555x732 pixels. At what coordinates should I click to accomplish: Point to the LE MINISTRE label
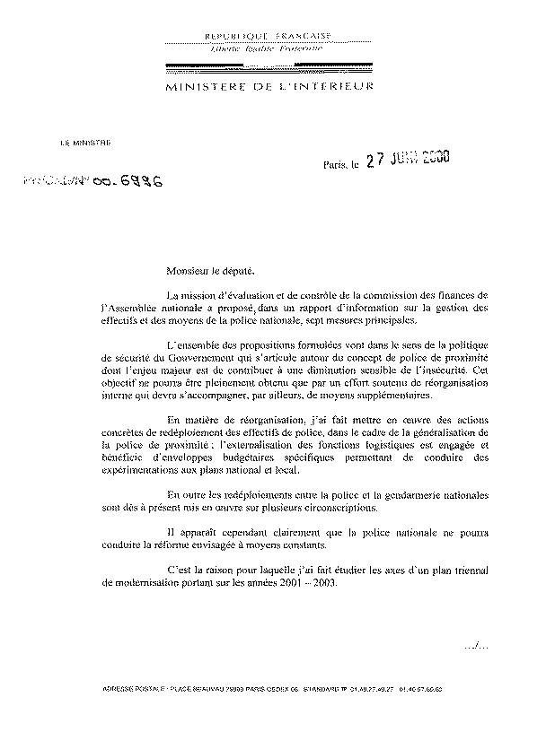tap(80, 142)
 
